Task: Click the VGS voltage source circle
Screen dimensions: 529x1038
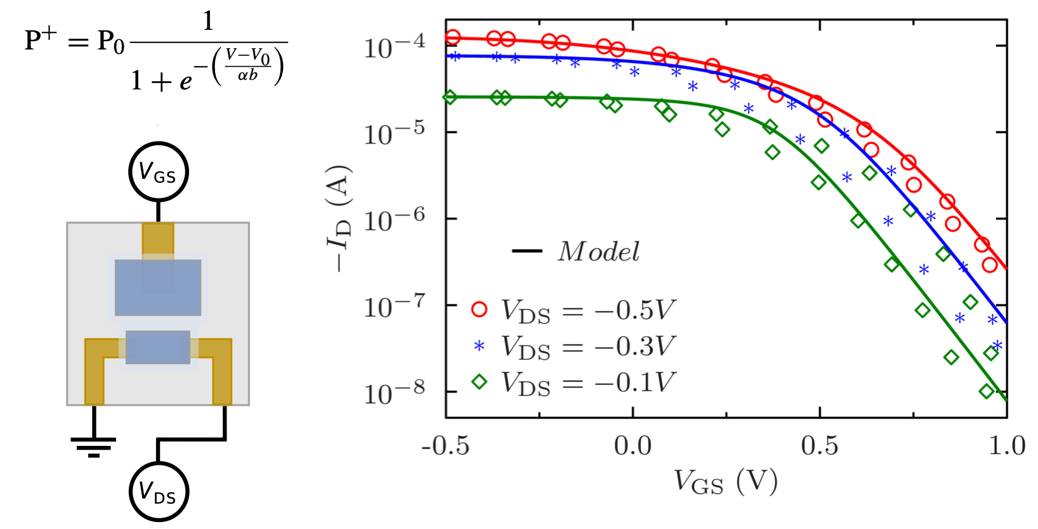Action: click(158, 171)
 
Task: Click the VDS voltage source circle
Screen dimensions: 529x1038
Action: click(158, 492)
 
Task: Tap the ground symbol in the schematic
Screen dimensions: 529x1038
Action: click(94, 446)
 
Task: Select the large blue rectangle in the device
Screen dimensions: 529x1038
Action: click(158, 287)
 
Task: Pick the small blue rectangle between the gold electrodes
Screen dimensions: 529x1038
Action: click(158, 347)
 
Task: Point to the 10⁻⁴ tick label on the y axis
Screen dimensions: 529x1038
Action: click(394, 46)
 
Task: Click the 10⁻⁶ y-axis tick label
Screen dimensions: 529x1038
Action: click(394, 219)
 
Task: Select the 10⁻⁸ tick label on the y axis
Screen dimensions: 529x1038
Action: click(394, 393)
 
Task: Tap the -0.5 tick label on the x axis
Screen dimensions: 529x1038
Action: click(445, 446)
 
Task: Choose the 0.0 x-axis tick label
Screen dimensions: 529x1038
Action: click(633, 446)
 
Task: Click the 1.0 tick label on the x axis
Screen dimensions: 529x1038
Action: click(1007, 446)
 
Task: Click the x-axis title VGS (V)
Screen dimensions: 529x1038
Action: click(725, 481)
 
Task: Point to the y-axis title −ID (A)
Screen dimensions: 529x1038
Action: click(338, 219)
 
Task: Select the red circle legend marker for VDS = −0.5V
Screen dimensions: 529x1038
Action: click(480, 310)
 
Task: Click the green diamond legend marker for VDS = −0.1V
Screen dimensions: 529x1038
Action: click(480, 381)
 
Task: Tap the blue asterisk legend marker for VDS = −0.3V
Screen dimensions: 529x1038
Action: click(480, 346)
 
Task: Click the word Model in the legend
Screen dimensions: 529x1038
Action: click(598, 252)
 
